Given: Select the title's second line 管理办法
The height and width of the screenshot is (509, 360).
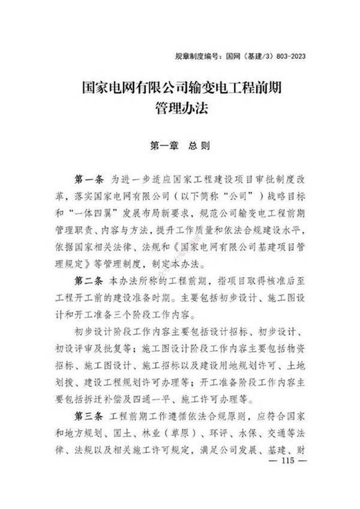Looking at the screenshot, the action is click(x=180, y=109).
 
